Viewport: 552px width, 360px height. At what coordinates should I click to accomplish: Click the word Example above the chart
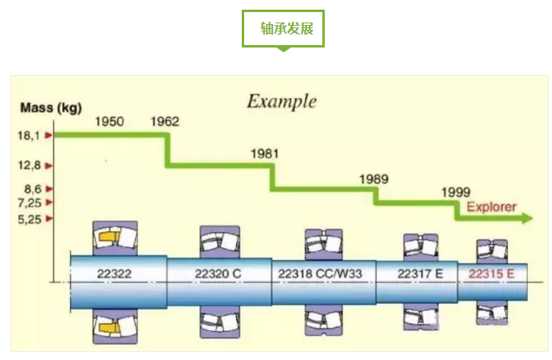coord(281,102)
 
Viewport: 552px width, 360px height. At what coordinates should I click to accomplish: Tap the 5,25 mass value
coord(30,219)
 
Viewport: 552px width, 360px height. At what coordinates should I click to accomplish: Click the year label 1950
coord(110,122)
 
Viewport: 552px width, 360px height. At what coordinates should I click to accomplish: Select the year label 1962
coord(165,122)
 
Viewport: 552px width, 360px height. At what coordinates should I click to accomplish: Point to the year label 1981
coord(265,152)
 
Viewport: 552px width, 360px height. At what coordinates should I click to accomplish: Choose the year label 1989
coord(374,178)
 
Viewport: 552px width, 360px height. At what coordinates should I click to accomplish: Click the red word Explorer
coord(491,206)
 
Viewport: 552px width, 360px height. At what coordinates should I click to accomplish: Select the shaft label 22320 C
coord(218,274)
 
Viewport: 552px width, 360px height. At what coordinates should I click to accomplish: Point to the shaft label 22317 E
coord(420,274)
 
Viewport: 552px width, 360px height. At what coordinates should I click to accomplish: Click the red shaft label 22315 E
coord(492,274)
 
